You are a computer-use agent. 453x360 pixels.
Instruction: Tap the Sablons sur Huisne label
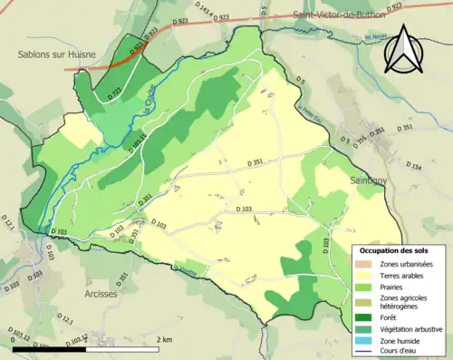pos(57,54)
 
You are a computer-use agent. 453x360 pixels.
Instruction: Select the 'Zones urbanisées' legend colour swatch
pos(363,264)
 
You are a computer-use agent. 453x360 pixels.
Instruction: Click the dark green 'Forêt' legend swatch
pos(363,316)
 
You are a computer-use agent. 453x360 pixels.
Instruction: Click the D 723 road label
pos(113,93)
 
